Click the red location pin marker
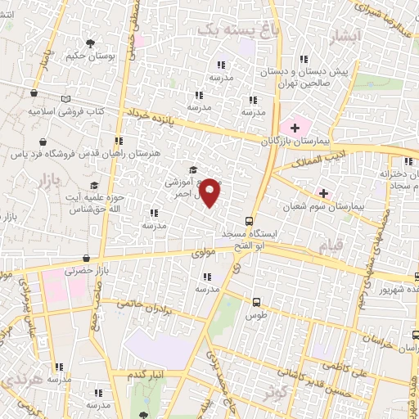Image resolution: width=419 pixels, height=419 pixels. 210,191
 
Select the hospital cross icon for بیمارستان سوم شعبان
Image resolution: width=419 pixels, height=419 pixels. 324,194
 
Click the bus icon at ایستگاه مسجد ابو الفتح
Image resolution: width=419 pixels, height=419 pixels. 250,221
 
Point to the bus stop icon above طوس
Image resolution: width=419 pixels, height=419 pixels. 257,301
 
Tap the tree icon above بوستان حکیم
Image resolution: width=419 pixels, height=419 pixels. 89,43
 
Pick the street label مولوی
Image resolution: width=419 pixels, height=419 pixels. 204,255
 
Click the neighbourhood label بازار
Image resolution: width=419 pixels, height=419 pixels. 50,178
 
